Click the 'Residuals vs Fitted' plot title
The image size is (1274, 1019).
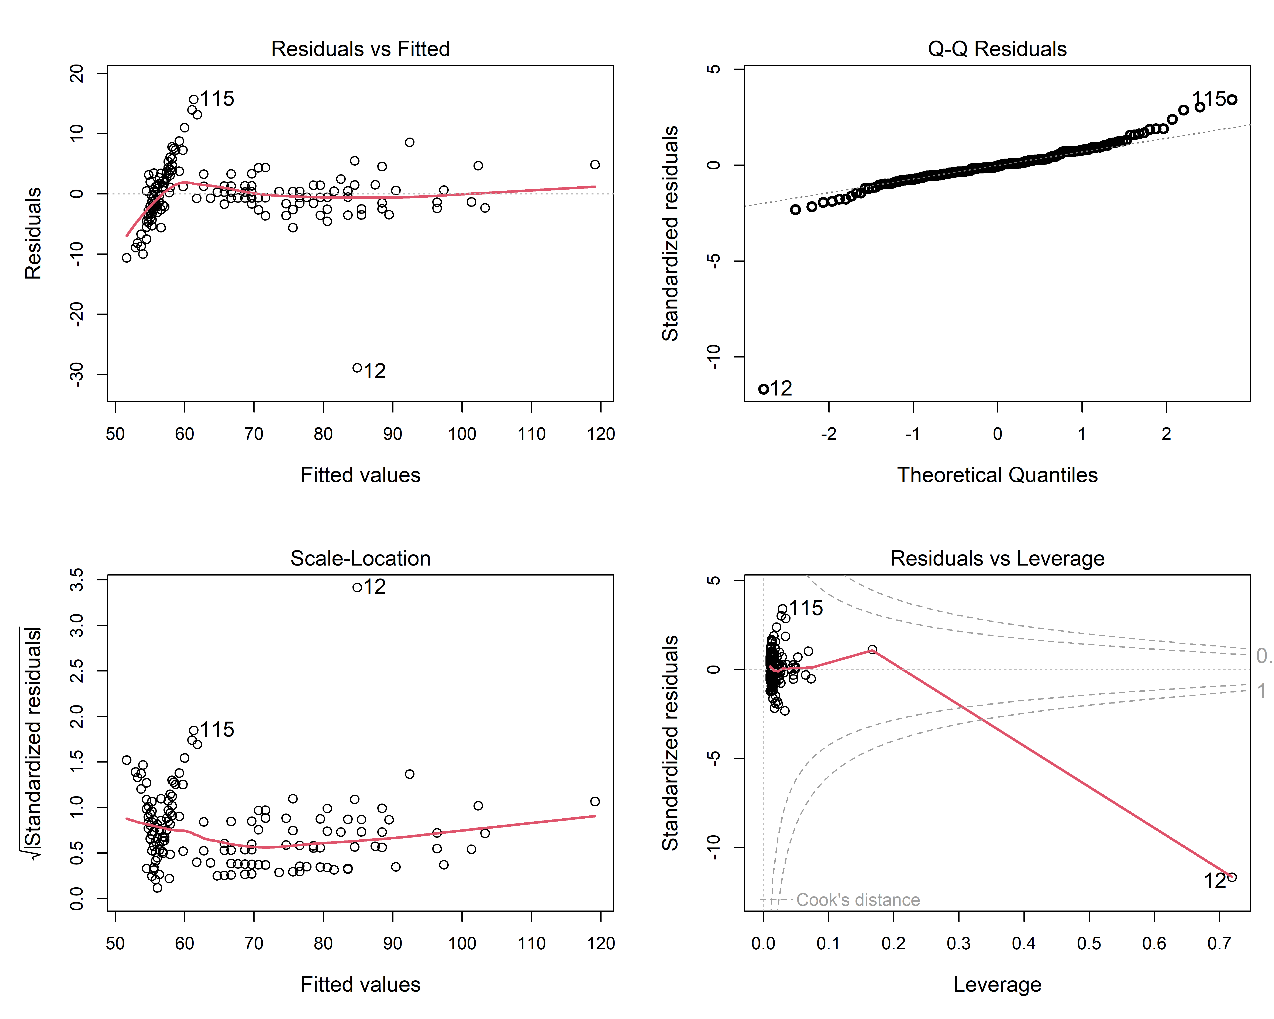pyautogui.click(x=361, y=48)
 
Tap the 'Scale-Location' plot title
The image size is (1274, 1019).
pyautogui.click(x=361, y=558)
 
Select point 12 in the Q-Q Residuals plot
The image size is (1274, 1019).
pyautogui.click(x=764, y=389)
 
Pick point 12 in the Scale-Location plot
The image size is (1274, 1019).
pyautogui.click(x=357, y=587)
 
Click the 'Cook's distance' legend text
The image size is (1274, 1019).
pyautogui.click(x=858, y=900)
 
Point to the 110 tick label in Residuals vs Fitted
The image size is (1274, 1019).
pyautogui.click(x=531, y=434)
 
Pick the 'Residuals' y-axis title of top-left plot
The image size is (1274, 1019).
pyautogui.click(x=33, y=233)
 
